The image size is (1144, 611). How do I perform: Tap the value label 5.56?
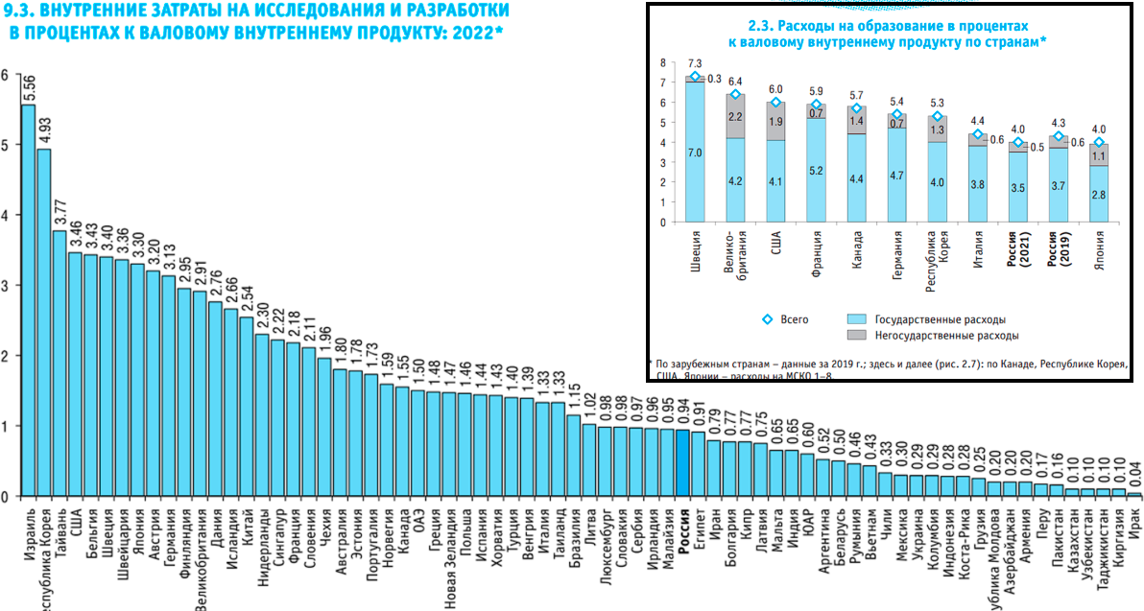coord(29,88)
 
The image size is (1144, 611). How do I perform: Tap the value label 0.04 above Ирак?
coord(1135,476)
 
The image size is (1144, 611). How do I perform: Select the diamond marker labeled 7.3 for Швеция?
coord(695,77)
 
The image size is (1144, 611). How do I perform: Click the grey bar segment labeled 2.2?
coord(735,116)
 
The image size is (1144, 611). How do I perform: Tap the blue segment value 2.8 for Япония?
coord(1100,194)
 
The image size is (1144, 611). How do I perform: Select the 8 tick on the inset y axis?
coord(662,62)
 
